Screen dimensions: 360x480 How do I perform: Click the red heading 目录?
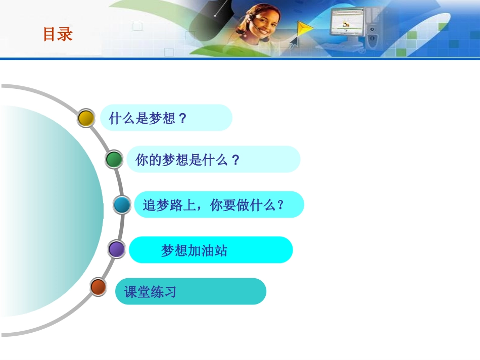coord(58,34)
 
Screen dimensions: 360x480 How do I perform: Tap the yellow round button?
coord(86,118)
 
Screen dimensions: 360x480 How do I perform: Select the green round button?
coord(114,160)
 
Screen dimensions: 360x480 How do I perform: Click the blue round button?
coord(122,205)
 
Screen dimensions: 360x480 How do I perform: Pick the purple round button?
coord(117,249)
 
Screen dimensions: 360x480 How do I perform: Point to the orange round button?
coord(98,287)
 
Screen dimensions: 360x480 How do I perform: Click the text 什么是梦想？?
coord(148,118)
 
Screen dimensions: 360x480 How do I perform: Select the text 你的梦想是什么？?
coord(187,160)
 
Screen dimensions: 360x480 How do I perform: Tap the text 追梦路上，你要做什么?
coord(214,205)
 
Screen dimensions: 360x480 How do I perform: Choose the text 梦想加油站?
coord(194,250)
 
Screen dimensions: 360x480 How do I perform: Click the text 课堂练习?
coord(150,292)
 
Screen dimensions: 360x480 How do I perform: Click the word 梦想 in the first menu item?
coord(162,118)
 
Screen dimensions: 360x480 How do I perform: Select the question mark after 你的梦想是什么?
coord(235,160)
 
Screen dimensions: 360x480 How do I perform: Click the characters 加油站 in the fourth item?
coord(208,250)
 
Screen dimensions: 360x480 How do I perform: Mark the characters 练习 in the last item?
coord(163,292)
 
